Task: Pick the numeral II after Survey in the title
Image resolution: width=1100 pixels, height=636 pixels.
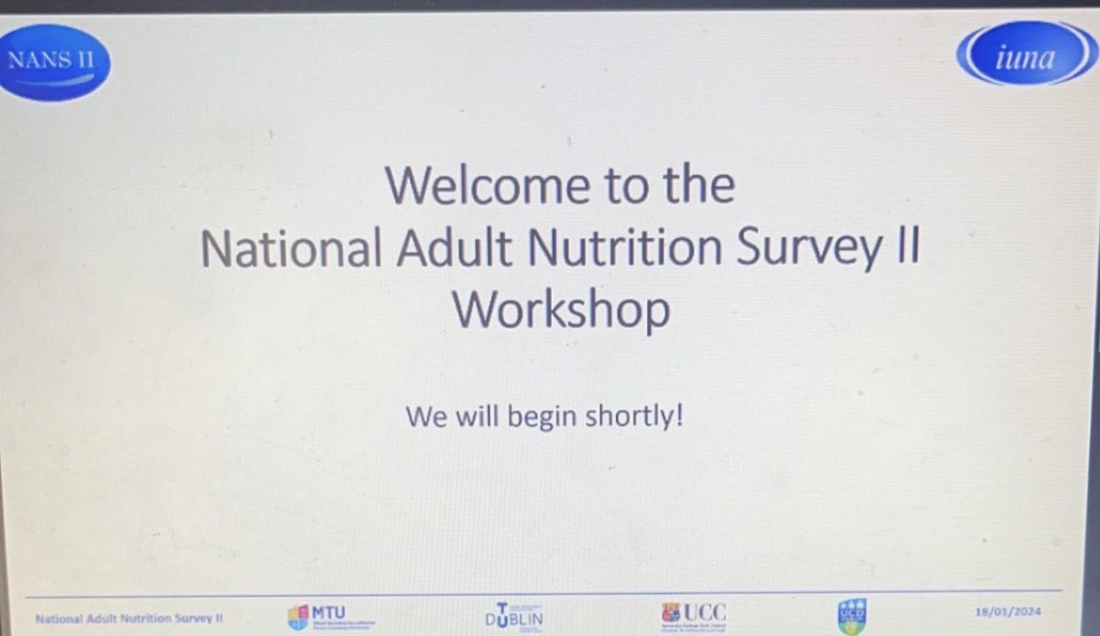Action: pos(904,249)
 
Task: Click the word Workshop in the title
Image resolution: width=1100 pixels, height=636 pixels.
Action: pos(561,311)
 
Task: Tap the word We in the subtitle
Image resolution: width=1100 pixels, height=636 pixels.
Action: pos(425,417)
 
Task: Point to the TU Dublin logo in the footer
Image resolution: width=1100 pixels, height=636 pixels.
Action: pos(514,617)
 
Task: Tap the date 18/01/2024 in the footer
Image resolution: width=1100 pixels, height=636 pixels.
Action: pos(1007,613)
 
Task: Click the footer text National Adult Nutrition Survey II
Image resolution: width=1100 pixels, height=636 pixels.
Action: pos(129,618)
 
